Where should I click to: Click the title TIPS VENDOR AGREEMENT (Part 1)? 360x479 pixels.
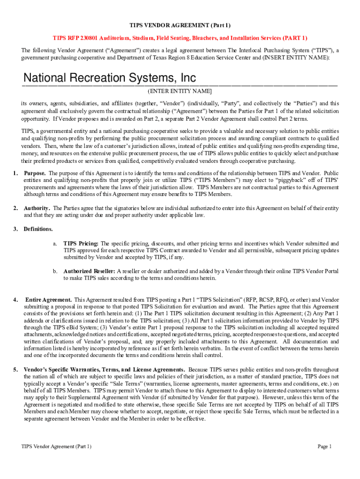click(x=180, y=25)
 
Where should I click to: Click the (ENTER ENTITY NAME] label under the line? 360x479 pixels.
click(x=180, y=91)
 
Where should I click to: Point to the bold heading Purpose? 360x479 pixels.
click(x=35, y=174)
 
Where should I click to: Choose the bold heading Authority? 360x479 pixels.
click(x=37, y=208)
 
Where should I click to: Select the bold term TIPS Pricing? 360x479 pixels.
click(x=81, y=244)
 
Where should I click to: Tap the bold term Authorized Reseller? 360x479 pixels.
click(x=89, y=271)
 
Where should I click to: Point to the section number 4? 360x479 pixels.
click(x=15, y=300)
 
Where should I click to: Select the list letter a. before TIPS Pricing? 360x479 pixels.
click(x=55, y=244)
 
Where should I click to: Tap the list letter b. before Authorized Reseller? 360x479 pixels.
click(x=55, y=271)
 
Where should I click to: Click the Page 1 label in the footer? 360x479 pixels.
click(x=324, y=447)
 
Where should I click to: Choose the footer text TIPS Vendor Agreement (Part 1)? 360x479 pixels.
click(x=56, y=447)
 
